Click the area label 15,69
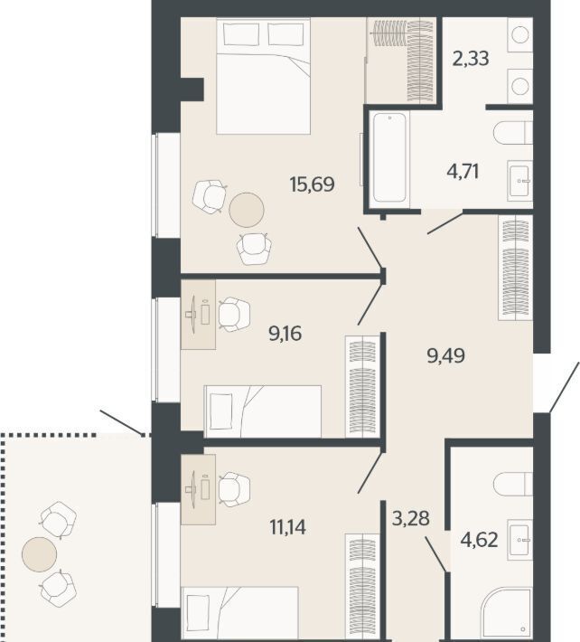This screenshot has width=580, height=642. [312, 184]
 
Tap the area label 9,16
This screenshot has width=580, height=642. [285, 334]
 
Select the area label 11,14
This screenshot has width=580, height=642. [288, 527]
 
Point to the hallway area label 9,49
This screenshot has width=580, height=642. [445, 355]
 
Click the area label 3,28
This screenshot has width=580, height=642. [411, 518]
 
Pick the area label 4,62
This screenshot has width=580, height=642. [480, 540]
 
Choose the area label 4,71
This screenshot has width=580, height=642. [463, 171]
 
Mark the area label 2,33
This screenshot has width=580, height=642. [471, 58]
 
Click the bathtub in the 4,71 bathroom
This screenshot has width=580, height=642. [389, 157]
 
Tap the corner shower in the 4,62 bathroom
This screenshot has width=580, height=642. [507, 616]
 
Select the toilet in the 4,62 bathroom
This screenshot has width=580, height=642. [513, 484]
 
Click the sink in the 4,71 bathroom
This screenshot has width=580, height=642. [519, 181]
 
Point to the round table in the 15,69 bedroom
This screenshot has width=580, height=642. [247, 210]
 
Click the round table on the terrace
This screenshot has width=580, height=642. [39, 554]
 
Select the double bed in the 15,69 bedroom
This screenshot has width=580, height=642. [263, 76]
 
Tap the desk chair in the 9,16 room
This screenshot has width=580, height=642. [233, 314]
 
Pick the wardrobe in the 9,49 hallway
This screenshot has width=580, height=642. [515, 267]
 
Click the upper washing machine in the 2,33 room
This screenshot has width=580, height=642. [519, 34]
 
